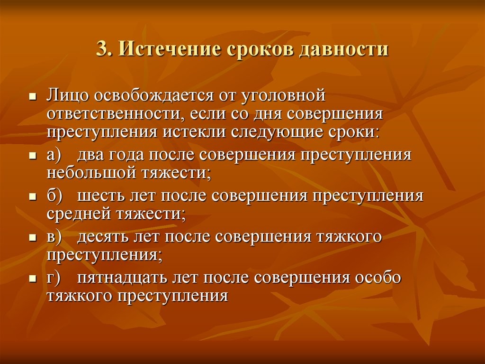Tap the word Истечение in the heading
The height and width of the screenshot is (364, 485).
[171, 49]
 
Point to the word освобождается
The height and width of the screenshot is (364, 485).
[154, 95]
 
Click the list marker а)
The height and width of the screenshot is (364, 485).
[55, 155]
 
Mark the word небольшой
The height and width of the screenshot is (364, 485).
[91, 172]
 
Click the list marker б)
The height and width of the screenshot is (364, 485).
[54, 196]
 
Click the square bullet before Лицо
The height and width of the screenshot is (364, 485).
[33, 97]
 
